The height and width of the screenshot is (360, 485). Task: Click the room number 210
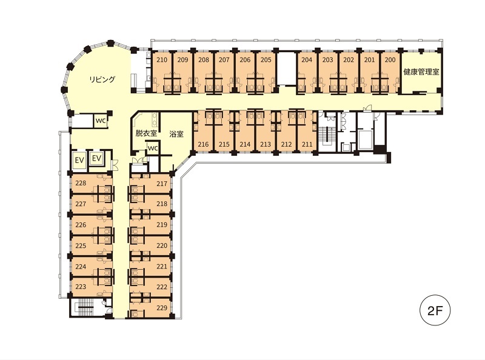[162, 59]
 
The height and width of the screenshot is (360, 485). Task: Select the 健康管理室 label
[421, 72]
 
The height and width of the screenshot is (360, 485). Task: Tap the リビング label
[102, 79]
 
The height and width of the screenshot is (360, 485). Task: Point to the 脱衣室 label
[146, 133]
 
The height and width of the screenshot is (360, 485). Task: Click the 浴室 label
[176, 134]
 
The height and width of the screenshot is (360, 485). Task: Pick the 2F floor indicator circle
[435, 310]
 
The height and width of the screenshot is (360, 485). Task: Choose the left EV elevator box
[79, 160]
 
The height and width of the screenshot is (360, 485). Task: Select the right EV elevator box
[97, 158]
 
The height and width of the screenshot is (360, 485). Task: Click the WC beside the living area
[101, 121]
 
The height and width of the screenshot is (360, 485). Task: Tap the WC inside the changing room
[153, 148]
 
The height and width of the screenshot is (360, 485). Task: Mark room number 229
[162, 308]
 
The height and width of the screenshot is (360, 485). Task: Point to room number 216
[203, 144]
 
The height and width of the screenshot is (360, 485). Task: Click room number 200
[390, 59]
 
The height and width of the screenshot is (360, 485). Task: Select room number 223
[81, 287]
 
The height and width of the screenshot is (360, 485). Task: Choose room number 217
[162, 184]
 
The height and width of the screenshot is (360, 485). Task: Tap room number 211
[307, 144]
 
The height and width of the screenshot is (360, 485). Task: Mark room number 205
[266, 59]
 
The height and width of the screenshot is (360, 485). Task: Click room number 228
[81, 183]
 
